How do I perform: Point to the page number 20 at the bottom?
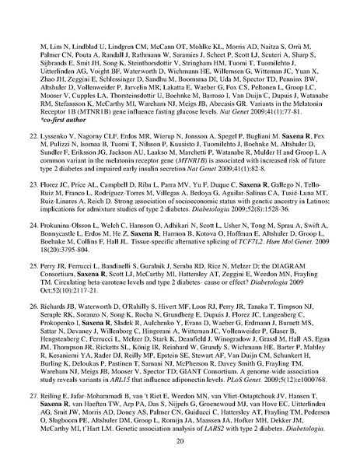tap(180, 441)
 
